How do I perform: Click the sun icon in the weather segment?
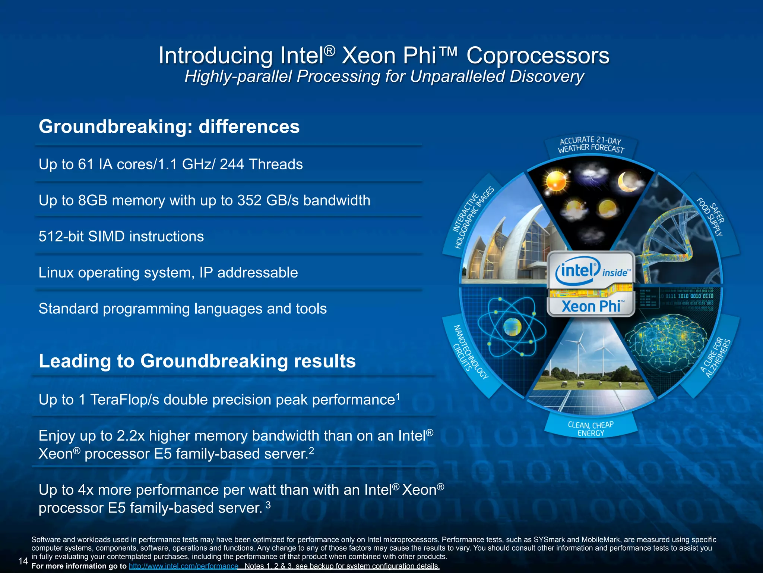click(556, 182)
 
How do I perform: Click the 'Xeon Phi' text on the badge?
click(591, 307)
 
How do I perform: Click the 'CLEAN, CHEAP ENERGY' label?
click(591, 429)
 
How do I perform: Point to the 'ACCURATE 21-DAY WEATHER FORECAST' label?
click(591, 144)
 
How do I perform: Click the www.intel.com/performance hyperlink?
click(183, 566)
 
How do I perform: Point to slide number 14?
click(23, 561)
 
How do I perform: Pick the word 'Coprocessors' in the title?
click(538, 56)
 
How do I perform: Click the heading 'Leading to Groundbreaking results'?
click(197, 361)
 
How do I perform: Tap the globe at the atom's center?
click(512, 327)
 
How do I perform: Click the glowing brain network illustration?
click(667, 343)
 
